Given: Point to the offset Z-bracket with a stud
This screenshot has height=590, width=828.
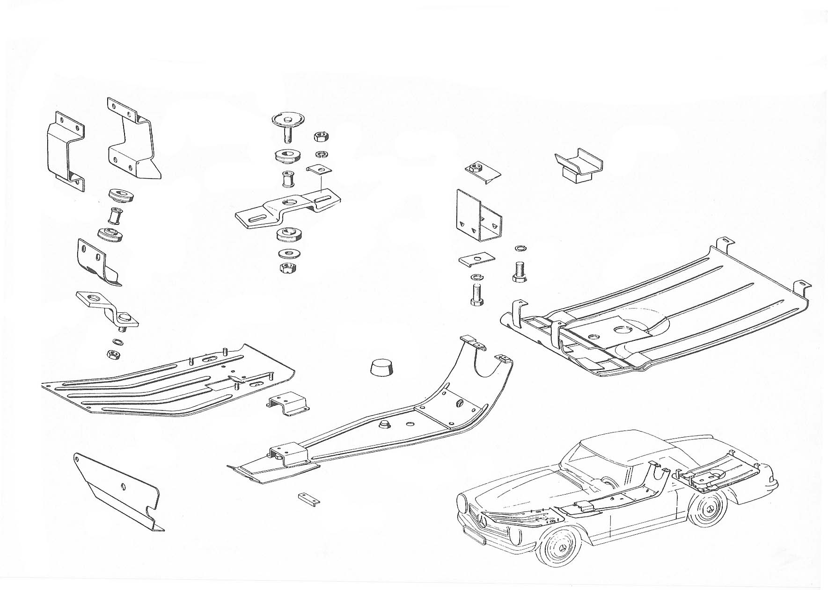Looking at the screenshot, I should click(x=109, y=309).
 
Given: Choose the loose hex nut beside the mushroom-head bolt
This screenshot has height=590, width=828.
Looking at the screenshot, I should click(x=320, y=137).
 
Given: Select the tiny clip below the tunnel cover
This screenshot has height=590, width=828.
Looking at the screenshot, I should click(x=308, y=497).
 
